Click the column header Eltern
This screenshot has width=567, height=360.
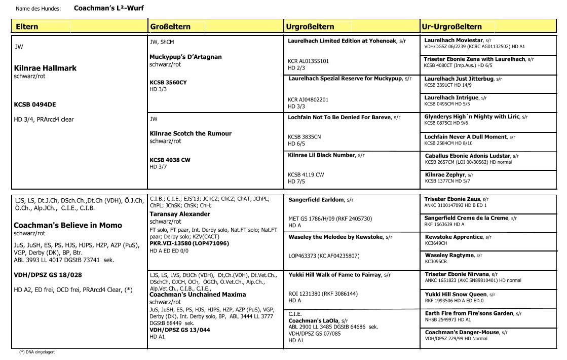27,26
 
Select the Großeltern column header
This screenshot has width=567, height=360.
170,26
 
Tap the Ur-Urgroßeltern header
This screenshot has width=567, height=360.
451,26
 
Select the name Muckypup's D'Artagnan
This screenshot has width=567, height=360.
185,57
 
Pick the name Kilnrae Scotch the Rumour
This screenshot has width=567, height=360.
191,134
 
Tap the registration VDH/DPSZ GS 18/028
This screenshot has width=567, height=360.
47,275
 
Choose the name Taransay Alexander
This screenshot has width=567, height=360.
180,214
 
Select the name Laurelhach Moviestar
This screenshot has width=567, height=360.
453,40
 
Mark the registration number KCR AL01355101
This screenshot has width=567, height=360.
308,61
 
